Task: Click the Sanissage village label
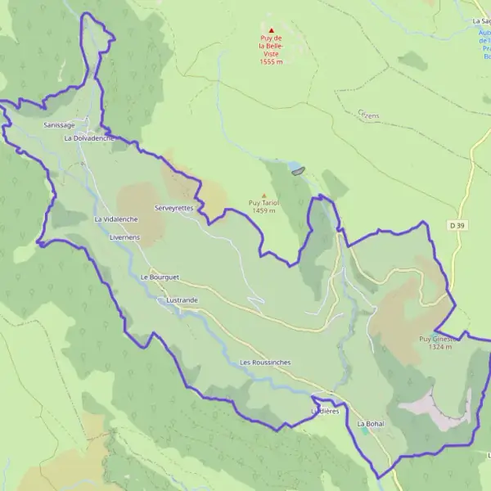pos(59,125)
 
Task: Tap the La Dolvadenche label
pos(88,138)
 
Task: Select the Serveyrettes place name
pos(173,208)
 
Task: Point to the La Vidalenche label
pos(115,219)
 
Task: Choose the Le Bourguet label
pos(160,277)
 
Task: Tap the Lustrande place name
pos(181,300)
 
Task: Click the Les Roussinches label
pos(265,362)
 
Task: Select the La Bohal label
pos(370,424)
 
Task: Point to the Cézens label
pos(368,116)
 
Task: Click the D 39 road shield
pos(457,224)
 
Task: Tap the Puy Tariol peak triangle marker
pos(264,194)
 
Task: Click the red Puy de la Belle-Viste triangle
pos(272,30)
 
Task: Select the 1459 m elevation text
pos(264,211)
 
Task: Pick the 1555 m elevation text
pos(271,62)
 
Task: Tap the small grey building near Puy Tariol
pos(297,171)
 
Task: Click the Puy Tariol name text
pos(264,203)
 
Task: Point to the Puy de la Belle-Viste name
pos(271,46)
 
